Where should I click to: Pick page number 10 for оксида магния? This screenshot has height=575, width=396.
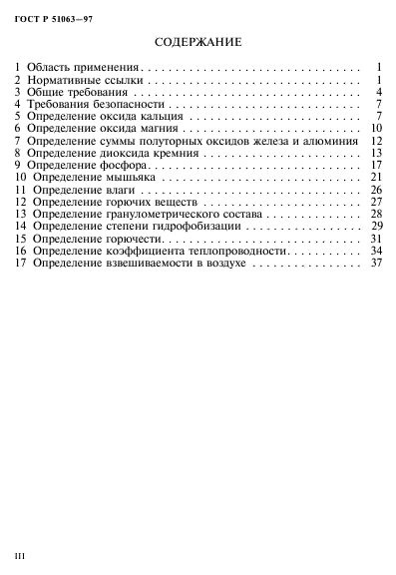(x=376, y=129)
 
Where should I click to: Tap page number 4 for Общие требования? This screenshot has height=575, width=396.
(x=380, y=92)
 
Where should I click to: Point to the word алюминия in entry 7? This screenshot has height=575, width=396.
(x=330, y=141)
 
